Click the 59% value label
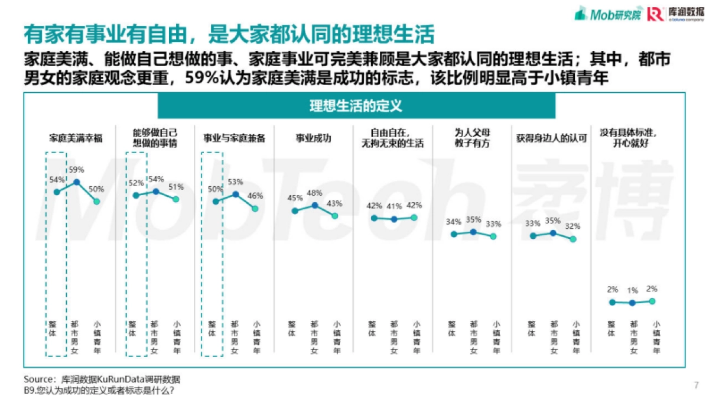pyautogui.click(x=77, y=170)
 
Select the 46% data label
pyautogui.click(x=256, y=196)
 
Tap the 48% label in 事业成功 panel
pyautogui.click(x=315, y=193)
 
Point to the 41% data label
pyautogui.click(x=394, y=206)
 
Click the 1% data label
pyautogui.click(x=632, y=290)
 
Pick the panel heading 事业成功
pyautogui.click(x=313, y=138)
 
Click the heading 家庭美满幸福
pyautogui.click(x=76, y=138)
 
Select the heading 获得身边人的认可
pyautogui.click(x=551, y=138)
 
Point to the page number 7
pyautogui.click(x=696, y=385)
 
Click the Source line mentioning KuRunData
pyautogui.click(x=102, y=379)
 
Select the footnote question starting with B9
pyautogui.click(x=99, y=390)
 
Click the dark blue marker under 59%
pyautogui.click(x=76, y=183)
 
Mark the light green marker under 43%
pyautogui.click(x=334, y=216)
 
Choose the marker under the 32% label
pyautogui.click(x=573, y=239)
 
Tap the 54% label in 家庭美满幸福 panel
pyautogui.click(x=57, y=180)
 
